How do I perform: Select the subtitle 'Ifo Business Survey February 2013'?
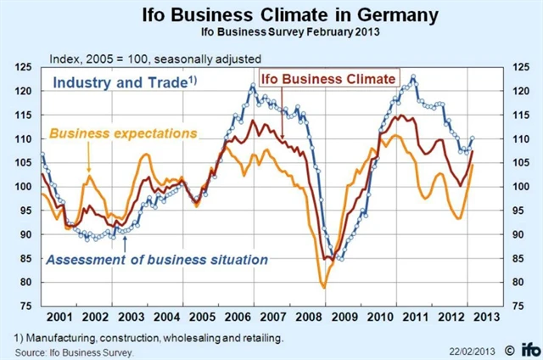[271, 34]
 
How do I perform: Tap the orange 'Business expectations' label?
[124, 133]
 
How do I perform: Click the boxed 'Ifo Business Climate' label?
[327, 79]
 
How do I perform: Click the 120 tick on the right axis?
[518, 91]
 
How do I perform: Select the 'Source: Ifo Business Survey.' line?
[75, 350]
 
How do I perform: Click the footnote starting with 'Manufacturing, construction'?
[151, 337]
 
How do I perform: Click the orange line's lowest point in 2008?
[323, 287]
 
